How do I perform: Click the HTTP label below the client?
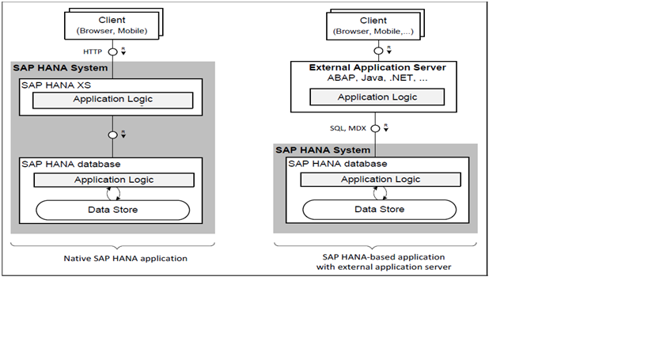[94, 51]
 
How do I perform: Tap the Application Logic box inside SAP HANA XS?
[113, 100]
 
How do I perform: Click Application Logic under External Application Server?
[377, 97]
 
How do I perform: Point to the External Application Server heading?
[377, 67]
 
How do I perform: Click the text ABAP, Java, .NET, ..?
[377, 79]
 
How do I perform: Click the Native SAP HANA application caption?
[113, 258]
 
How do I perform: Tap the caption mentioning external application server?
[376, 262]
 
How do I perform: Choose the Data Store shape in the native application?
[113, 210]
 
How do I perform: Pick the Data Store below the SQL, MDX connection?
[379, 209]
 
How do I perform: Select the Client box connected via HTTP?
[112, 25]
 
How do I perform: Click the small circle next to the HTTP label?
[113, 51]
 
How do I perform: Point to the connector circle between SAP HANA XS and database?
[113, 135]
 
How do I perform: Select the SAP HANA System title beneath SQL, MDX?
[323, 150]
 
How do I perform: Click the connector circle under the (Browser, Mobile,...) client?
[378, 51]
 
